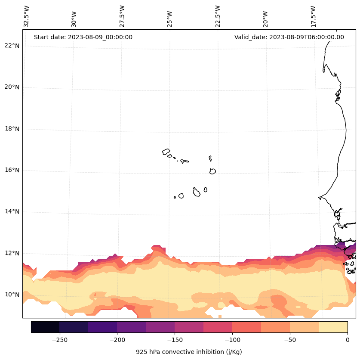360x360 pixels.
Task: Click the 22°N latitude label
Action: coord(11,46)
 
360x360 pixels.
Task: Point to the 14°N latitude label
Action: coord(11,211)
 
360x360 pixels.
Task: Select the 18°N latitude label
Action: coord(11,129)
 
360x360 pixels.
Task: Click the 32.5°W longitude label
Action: coord(27,16)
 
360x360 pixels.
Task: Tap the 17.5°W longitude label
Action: coord(314,16)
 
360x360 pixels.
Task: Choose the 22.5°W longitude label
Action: coord(218,16)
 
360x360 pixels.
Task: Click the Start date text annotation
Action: coord(83,37)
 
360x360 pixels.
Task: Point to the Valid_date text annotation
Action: coord(289,37)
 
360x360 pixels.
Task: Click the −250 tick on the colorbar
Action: coord(59,339)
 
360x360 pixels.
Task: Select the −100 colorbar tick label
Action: coord(232,339)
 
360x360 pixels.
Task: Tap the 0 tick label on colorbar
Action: coord(347,339)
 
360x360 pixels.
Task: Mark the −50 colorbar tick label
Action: coord(290,339)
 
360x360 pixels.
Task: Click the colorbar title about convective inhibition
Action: coord(189,352)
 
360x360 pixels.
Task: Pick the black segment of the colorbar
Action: coord(45,327)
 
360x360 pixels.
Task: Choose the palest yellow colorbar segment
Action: coord(333,327)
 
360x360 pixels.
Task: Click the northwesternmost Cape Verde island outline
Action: coord(166,152)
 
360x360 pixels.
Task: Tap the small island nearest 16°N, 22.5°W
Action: coord(212,171)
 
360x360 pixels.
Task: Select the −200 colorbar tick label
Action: coord(117,339)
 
